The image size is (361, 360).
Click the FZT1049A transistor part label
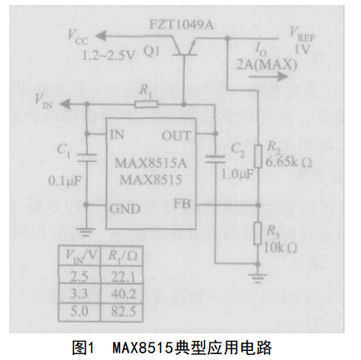181,25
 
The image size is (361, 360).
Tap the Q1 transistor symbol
184,47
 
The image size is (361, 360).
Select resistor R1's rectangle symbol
146,105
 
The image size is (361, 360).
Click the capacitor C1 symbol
86,158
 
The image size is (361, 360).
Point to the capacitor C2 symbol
215,159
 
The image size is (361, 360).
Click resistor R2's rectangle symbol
258,156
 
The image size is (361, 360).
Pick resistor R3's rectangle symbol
257,233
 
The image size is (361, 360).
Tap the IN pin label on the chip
117,134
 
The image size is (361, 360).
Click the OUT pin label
176,136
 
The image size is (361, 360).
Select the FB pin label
182,204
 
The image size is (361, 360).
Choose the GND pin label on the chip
125,208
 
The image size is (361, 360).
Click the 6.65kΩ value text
289,162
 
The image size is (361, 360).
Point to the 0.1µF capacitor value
66,181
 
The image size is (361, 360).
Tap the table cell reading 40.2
123,294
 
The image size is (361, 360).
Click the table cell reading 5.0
79,312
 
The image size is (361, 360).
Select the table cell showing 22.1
123,276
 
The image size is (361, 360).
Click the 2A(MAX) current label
266,65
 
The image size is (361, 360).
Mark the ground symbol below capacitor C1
86,231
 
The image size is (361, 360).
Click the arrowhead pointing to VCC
101,36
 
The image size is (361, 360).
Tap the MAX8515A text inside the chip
151,163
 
